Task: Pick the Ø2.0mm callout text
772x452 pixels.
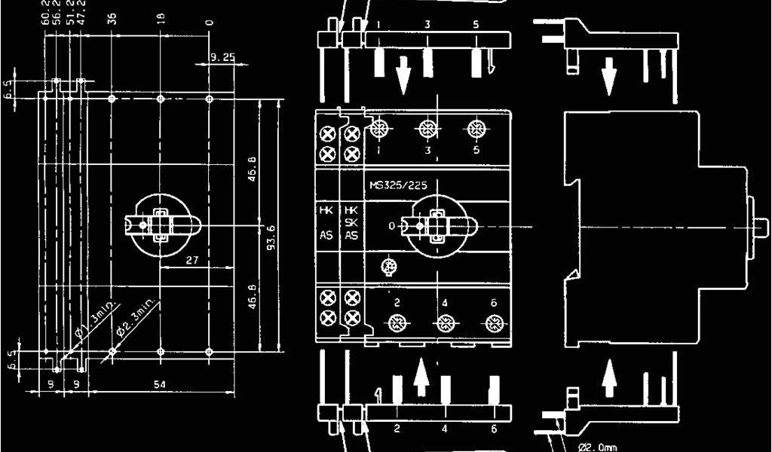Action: [x=596, y=445]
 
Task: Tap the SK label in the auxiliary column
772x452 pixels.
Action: [x=351, y=222]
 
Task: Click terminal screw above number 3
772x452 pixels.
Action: [x=428, y=129]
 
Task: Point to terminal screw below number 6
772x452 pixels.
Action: [x=493, y=324]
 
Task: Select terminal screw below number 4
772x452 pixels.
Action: [x=445, y=325]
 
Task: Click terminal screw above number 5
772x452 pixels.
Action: [x=476, y=129]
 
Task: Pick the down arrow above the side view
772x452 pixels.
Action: [x=608, y=76]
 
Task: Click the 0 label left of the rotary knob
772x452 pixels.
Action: [x=391, y=225]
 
